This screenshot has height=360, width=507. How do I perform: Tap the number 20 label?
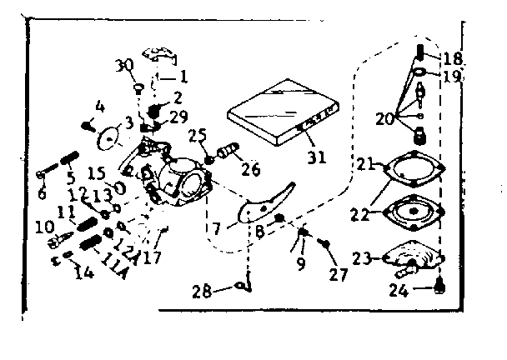click(x=384, y=119)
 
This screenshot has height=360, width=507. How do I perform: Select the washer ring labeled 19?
click(x=420, y=73)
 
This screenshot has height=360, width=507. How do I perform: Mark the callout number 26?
click(x=250, y=171)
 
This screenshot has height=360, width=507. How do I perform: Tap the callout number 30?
click(x=124, y=65)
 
